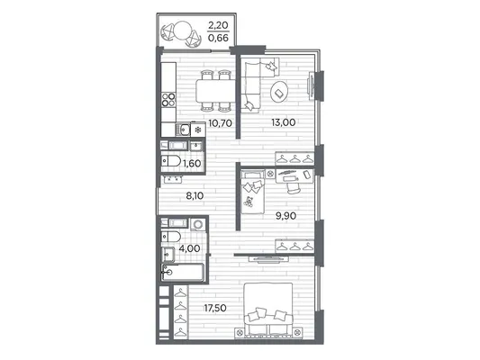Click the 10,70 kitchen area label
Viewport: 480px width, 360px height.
(220, 123)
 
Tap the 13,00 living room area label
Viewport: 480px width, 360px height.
(283, 122)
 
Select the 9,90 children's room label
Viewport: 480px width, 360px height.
(285, 216)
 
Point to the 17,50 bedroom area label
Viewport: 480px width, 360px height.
(215, 308)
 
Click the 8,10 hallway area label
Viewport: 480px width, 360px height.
(195, 196)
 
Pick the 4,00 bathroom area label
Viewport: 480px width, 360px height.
(189, 248)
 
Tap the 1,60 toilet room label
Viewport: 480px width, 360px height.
(192, 164)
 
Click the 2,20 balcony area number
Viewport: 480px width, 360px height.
(218, 25)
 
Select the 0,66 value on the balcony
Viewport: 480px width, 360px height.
(218, 38)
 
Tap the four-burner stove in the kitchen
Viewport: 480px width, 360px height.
(168, 100)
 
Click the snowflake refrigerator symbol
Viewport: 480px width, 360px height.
(198, 130)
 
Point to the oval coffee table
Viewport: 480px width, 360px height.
(279, 92)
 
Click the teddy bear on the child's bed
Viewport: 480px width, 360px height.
(249, 202)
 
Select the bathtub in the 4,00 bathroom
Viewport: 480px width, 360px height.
(183, 272)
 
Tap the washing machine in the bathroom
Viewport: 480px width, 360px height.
(198, 224)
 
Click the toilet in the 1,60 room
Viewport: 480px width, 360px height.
(171, 161)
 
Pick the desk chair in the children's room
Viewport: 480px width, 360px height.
(294, 187)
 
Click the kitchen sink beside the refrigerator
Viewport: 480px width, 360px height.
(183, 130)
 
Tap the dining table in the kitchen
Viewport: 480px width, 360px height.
(215, 91)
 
